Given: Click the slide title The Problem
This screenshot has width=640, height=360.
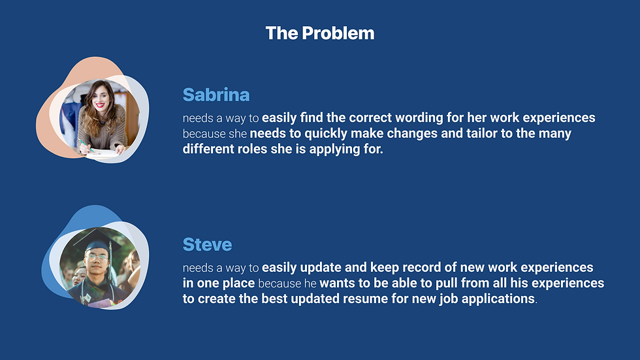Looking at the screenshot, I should [320, 33].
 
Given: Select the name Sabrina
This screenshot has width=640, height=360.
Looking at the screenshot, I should [216, 95].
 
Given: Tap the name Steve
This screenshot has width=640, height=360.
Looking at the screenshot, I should [207, 244].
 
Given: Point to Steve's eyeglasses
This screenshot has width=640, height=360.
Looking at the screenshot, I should [97, 257].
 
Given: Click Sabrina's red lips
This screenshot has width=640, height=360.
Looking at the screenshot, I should [99, 105].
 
